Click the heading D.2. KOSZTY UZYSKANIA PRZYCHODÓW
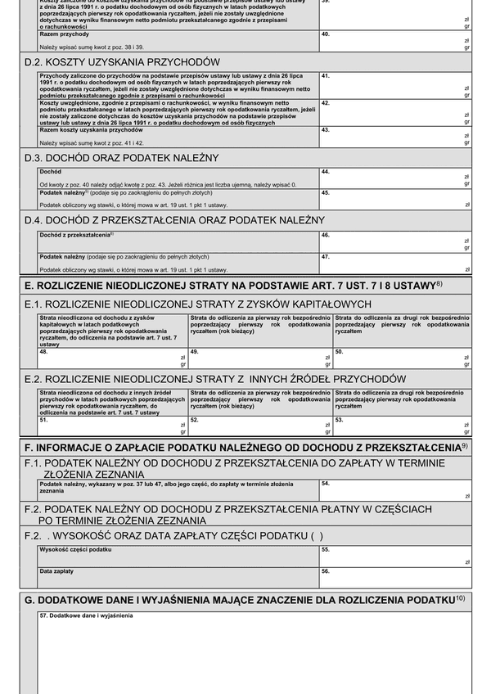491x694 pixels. point(123,62)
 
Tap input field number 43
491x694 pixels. point(395,137)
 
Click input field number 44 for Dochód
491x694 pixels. point(395,178)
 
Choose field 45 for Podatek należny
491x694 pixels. point(395,199)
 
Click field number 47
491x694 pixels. point(395,263)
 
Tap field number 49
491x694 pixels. point(259,358)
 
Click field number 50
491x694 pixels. point(402,358)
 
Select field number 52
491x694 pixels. point(259,426)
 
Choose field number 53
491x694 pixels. point(402,426)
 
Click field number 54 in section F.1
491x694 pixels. point(395,490)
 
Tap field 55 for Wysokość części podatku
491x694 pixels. point(395,557)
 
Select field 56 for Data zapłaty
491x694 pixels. point(395,578)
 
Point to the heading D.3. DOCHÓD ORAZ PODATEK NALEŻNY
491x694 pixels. point(122,157)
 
